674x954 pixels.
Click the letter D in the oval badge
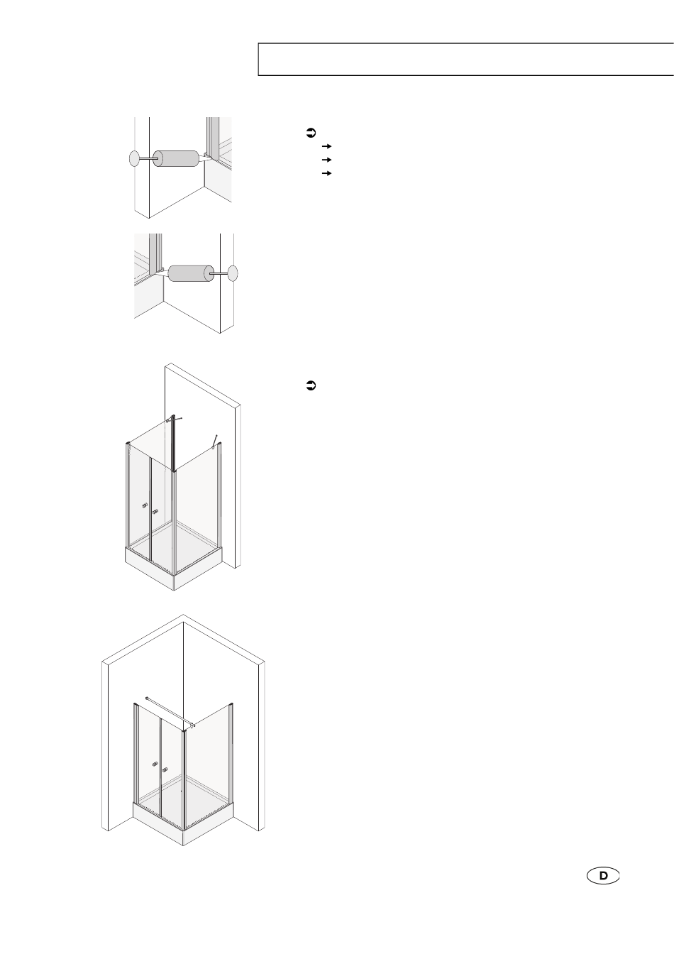[x=603, y=876]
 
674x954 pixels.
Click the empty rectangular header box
[x=466, y=59]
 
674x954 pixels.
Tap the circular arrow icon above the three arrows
[x=311, y=133]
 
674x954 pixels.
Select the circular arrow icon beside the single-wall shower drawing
[x=311, y=386]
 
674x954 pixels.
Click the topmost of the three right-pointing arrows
[x=327, y=146]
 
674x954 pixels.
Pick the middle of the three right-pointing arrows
[x=327, y=160]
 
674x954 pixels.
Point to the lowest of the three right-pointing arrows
[x=327, y=173]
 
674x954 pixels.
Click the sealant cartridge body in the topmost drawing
[x=176, y=158]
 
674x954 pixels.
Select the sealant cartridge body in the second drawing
[x=191, y=273]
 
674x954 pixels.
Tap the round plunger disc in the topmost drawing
[x=134, y=159]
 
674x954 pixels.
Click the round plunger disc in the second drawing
[x=233, y=273]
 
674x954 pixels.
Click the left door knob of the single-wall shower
[x=145, y=506]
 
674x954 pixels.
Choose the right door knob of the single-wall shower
[x=155, y=512]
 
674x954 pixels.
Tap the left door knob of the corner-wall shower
[x=155, y=764]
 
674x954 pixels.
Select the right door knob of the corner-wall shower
[x=165, y=769]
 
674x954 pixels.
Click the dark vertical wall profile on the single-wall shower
[x=173, y=443]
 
